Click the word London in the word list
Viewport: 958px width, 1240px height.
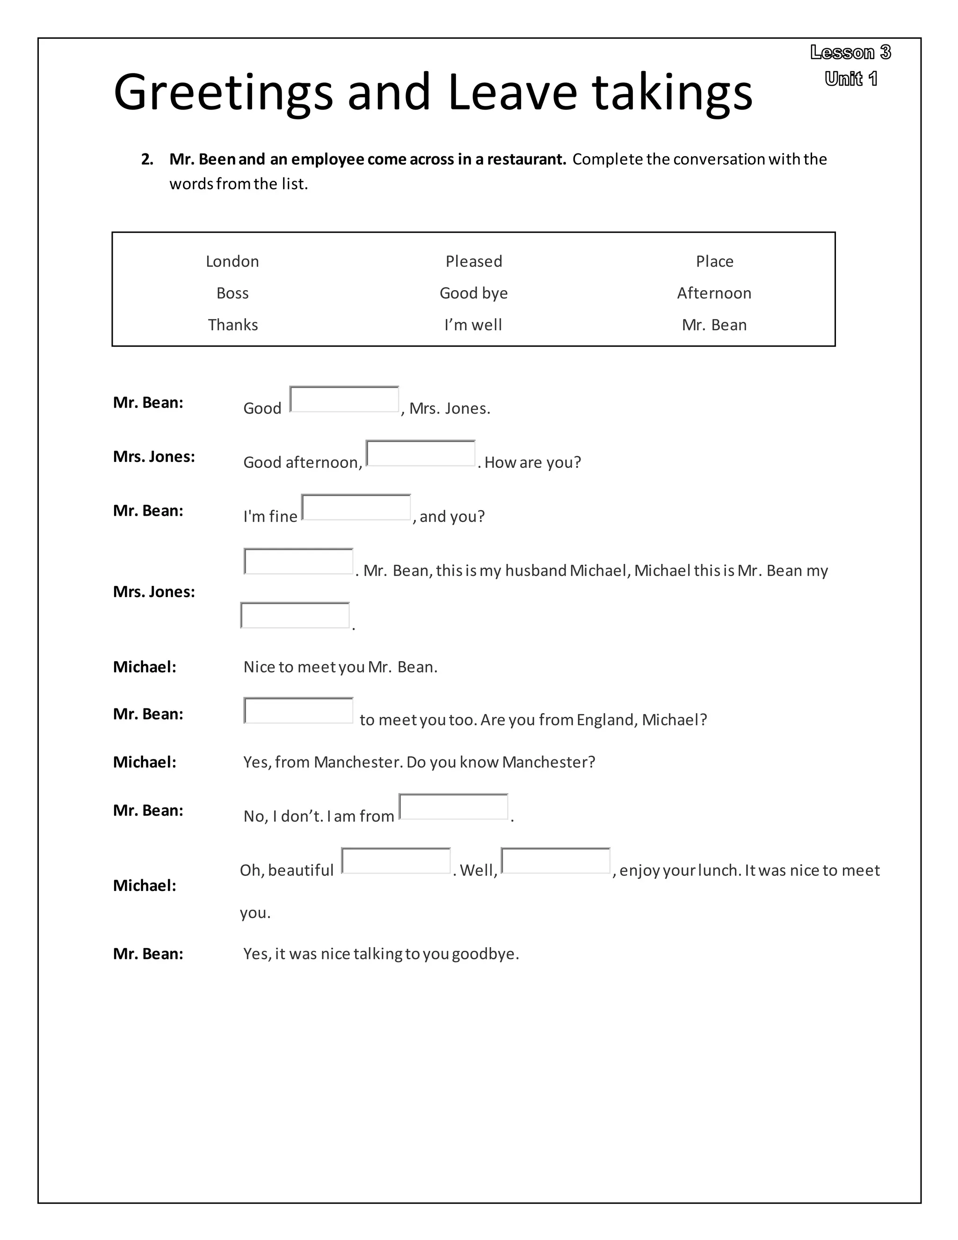232,261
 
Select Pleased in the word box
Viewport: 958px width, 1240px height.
473,261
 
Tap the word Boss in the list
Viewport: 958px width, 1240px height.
232,293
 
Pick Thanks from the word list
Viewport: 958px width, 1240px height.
232,325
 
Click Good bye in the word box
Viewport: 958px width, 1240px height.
473,293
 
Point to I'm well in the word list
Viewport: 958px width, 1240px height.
473,325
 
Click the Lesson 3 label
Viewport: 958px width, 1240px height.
850,52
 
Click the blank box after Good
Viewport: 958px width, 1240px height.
344,399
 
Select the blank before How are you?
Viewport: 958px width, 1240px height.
420,453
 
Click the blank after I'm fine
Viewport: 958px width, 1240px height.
356,507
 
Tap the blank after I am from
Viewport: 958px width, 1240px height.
453,807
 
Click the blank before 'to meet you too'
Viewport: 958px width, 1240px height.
298,710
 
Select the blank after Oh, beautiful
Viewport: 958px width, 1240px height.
396,861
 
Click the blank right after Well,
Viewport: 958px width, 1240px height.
555,861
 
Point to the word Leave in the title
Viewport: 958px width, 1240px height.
512,92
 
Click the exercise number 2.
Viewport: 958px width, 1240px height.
147,160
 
